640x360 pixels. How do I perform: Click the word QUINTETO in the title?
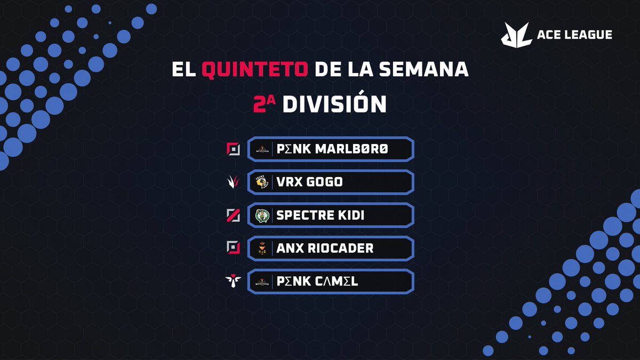[254, 69]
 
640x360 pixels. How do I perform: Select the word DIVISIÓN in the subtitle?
[334, 105]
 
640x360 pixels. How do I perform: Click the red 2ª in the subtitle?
[265, 105]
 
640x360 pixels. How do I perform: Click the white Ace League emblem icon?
[516, 34]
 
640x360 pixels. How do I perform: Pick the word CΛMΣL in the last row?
[335, 281]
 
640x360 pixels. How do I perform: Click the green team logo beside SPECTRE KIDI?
[262, 215]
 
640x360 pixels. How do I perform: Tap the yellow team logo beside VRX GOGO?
[262, 182]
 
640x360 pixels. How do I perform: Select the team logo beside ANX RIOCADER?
[262, 249]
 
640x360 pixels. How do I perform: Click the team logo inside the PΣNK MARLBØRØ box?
[262, 149]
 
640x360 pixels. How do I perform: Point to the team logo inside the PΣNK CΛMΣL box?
[262, 282]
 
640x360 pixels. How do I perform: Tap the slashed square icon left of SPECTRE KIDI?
[233, 215]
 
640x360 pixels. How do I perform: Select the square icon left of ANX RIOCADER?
[233, 247]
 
